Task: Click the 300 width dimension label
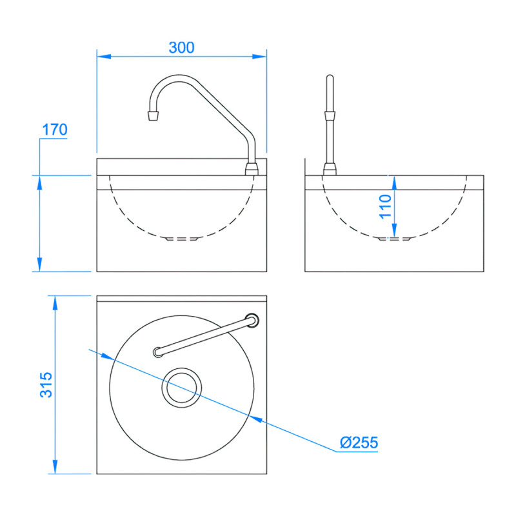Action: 181,48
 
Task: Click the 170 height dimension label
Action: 54,130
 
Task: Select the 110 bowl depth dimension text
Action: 385,206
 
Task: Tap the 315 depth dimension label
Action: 45,384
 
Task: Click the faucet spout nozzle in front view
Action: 153,115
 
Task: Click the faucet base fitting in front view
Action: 252,169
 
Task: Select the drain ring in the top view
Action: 182,388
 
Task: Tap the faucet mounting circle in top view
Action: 252,319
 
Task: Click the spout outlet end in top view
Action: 157,352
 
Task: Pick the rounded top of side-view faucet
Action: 330,79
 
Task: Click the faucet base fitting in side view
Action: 330,170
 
